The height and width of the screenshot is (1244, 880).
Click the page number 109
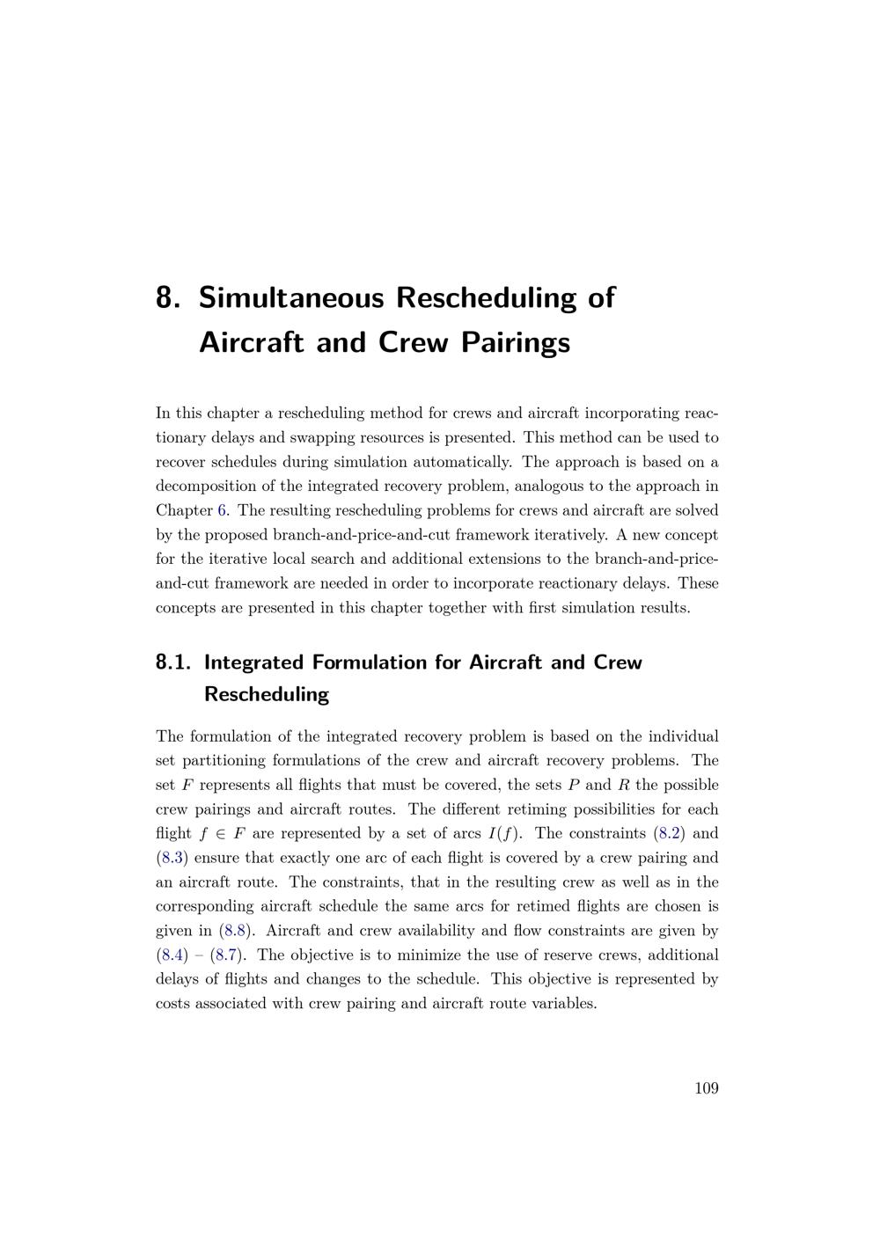[706, 1088]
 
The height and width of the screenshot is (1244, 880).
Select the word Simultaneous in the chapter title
[291, 297]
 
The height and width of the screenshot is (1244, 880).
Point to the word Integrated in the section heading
[253, 662]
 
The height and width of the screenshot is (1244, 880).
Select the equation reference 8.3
[172, 858]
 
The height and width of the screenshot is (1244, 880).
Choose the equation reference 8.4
[172, 955]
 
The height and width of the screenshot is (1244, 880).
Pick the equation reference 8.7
[228, 955]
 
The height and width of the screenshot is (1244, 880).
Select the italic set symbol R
[623, 785]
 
